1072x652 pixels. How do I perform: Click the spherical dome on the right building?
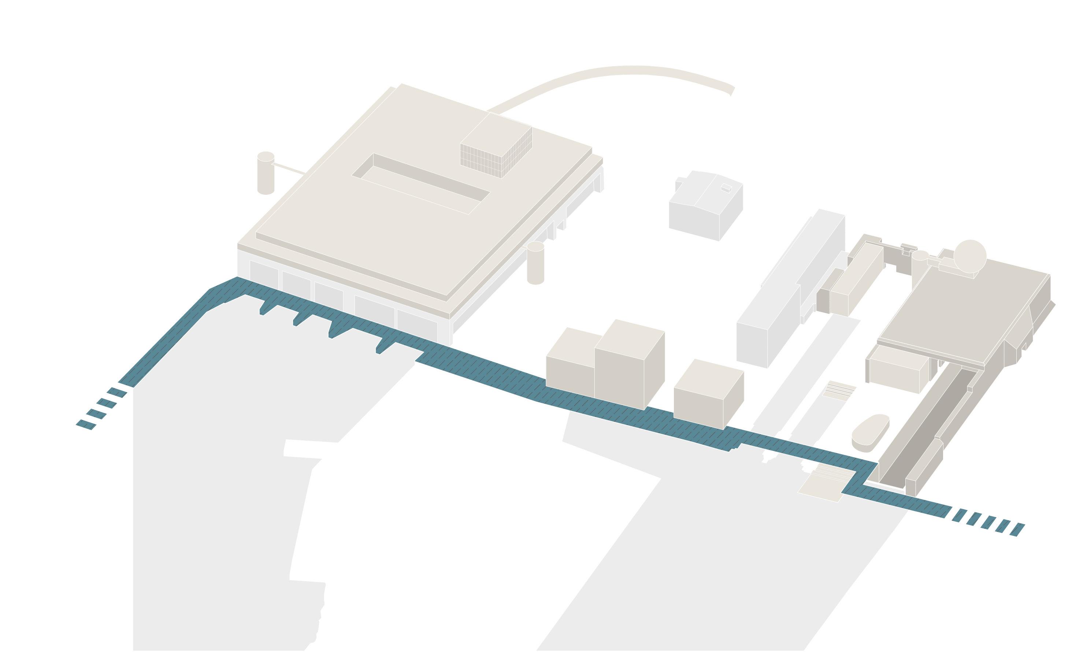(970, 256)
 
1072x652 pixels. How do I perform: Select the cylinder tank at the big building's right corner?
(535, 263)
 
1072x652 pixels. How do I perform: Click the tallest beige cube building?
(629, 365)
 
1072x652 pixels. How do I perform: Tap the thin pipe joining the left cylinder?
(289, 169)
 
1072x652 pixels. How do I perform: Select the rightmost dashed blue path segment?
(1017, 530)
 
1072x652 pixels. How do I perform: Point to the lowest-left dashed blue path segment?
(86, 425)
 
